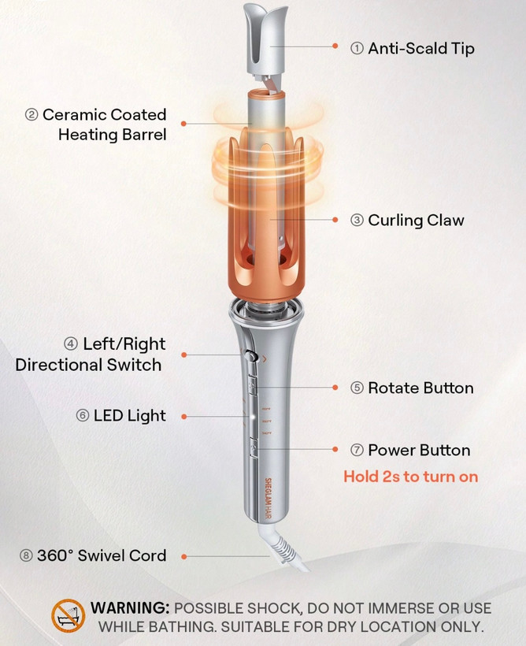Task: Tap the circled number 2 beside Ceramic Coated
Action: click(31, 114)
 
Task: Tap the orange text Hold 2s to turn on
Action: click(411, 477)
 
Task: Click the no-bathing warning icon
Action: click(68, 615)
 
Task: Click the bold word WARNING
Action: click(130, 608)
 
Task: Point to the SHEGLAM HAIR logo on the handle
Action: click(268, 498)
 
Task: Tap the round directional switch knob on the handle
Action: click(250, 356)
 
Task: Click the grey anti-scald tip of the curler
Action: click(265, 40)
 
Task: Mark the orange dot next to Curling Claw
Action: click(335, 220)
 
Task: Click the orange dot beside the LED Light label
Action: click(184, 417)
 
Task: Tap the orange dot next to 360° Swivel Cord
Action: click(184, 557)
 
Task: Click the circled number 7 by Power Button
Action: click(357, 450)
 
